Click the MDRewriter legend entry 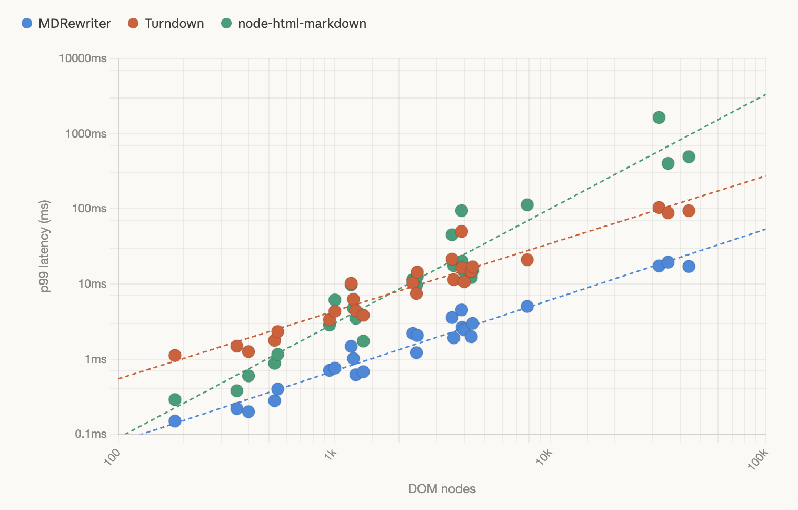[66, 24]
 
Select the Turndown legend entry [166, 24]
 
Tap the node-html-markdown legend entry [294, 24]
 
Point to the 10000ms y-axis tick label [83, 58]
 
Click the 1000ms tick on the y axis [86, 134]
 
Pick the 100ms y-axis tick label [88, 209]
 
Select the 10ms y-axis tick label [92, 284]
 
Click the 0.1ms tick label [91, 434]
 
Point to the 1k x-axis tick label [331, 454]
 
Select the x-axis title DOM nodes [442, 489]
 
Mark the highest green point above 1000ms [659, 117]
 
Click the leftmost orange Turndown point [175, 356]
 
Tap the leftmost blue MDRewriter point [175, 421]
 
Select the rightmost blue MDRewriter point [689, 267]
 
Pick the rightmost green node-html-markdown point [689, 157]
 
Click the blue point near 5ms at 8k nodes [527, 307]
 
